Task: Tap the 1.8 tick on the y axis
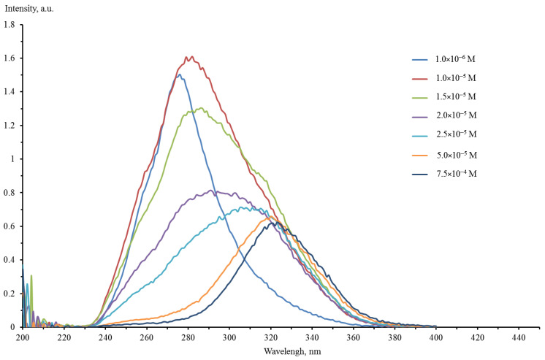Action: tap(9, 25)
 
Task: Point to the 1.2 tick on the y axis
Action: tap(9, 126)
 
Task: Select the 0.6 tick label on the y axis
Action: tap(9, 226)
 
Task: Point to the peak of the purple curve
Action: tap(211, 191)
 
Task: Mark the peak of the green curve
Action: tap(199, 108)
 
